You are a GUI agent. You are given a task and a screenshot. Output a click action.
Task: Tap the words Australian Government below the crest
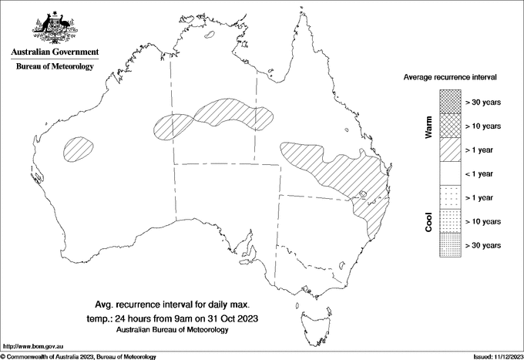coord(55,52)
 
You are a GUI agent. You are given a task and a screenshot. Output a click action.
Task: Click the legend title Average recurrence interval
coord(451,78)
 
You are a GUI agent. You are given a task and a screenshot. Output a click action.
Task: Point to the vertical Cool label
coord(428,221)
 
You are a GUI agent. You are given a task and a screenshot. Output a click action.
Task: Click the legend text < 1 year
coord(482,173)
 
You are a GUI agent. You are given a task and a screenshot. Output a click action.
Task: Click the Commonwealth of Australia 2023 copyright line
coord(79,356)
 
